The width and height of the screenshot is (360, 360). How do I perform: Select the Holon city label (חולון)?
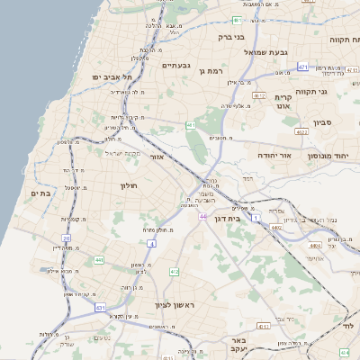(127, 185)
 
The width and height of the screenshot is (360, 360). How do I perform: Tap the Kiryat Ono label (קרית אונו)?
(283, 101)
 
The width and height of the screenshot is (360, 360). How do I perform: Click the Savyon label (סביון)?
(323, 121)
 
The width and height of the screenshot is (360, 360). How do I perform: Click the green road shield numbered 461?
(190, 125)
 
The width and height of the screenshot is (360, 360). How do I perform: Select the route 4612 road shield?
(259, 94)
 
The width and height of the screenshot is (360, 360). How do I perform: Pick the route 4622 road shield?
(301, 132)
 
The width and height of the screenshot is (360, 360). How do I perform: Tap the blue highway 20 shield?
(67, 238)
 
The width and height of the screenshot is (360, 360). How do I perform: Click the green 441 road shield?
(99, 260)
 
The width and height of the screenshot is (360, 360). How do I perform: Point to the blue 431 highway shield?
(100, 307)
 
